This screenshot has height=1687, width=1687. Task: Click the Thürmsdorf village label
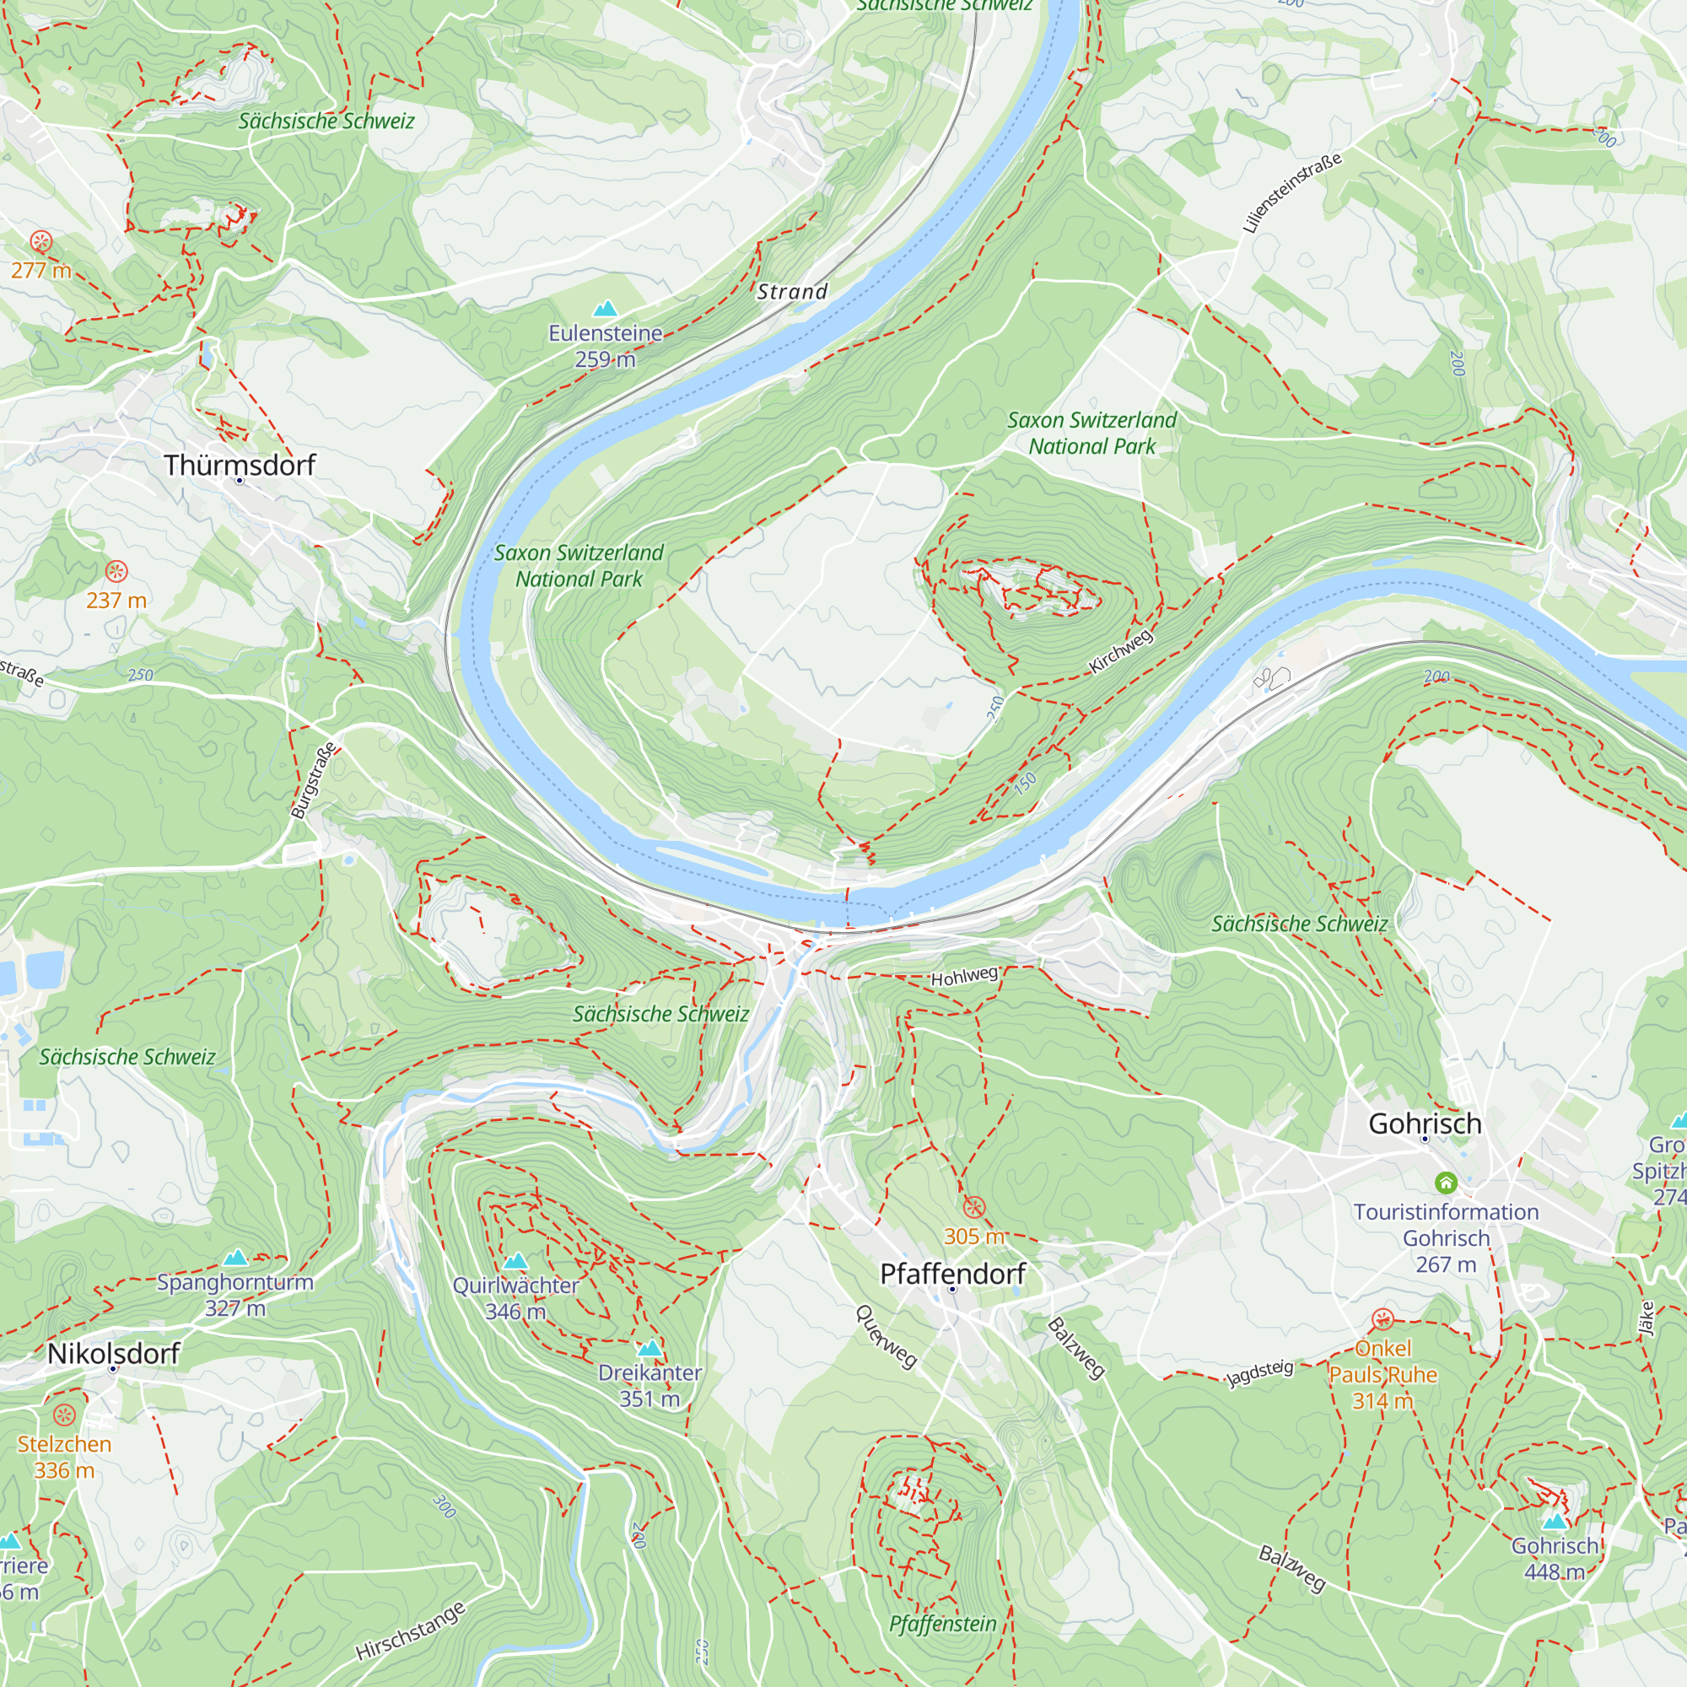click(240, 465)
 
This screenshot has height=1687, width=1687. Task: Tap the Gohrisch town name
click(1424, 1123)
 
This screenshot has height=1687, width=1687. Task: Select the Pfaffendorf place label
click(951, 1273)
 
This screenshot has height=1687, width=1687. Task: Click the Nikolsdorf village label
click(113, 1353)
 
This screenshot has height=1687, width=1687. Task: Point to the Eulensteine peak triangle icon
click(605, 308)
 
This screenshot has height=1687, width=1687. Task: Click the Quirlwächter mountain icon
click(516, 1261)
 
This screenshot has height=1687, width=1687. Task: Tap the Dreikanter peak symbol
click(649, 1348)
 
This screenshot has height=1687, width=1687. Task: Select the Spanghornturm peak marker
click(234, 1258)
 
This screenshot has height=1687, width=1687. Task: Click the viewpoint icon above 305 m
click(973, 1208)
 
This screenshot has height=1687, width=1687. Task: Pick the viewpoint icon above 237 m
click(116, 572)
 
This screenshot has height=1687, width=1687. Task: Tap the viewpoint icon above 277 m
click(41, 242)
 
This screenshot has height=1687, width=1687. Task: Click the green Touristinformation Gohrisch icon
click(1446, 1183)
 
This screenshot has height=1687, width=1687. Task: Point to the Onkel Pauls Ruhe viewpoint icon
click(1382, 1318)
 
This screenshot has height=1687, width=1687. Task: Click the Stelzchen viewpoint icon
click(65, 1415)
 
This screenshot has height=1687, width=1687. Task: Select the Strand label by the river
click(791, 292)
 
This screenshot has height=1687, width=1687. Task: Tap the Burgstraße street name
click(314, 780)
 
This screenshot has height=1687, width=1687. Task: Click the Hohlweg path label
click(963, 976)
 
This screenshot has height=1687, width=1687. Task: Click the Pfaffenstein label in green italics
click(942, 1623)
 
